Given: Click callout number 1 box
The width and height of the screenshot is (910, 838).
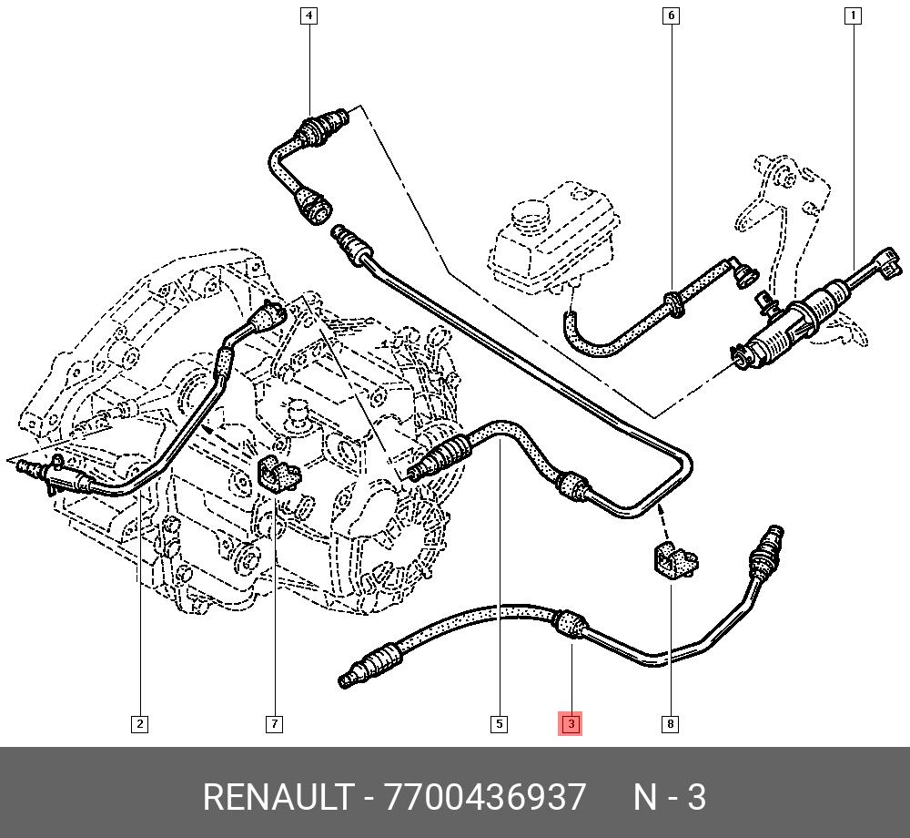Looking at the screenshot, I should click(x=853, y=15).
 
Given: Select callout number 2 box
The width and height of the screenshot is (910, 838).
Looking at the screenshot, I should click(x=139, y=724).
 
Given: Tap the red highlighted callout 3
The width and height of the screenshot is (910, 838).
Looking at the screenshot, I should click(x=571, y=724).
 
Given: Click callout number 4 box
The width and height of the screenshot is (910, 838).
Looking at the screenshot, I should click(x=309, y=15).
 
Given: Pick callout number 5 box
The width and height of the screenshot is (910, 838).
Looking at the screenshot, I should click(x=499, y=724).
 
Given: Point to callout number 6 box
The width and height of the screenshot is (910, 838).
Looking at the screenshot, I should click(x=672, y=15).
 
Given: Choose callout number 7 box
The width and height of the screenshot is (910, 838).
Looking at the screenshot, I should click(x=274, y=724).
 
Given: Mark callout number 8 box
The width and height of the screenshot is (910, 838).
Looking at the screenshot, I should click(x=670, y=724).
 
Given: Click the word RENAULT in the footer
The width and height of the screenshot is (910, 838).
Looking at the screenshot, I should click(x=277, y=798).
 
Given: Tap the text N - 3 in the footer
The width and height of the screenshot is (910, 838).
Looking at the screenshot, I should click(x=670, y=798).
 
